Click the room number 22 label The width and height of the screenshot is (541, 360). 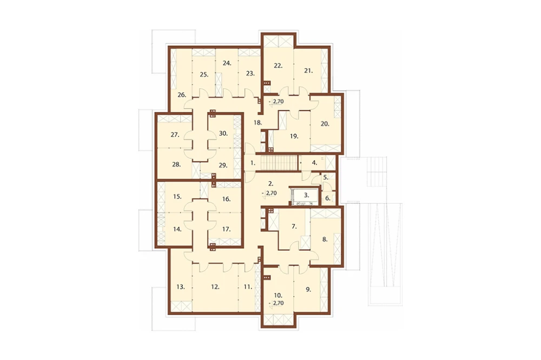[x=278, y=65]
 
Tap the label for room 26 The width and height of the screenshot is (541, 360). [x=182, y=95]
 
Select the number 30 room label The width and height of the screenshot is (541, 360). [x=223, y=133]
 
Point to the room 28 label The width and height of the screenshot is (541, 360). [x=176, y=164]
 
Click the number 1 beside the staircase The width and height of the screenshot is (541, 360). [x=253, y=163]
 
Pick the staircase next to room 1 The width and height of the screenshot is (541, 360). [x=279, y=163]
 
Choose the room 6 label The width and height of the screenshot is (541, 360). [x=328, y=198]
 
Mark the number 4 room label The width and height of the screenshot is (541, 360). [x=314, y=162]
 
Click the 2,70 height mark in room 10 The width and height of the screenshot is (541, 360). [x=276, y=303]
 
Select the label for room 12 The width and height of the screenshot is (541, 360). [x=215, y=286]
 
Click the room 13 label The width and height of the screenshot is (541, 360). [x=181, y=286]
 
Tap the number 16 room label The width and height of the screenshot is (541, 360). [x=226, y=199]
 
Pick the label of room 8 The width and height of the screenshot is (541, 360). [x=325, y=239]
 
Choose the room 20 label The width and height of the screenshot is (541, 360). [x=325, y=124]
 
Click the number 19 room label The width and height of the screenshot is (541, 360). [x=294, y=136]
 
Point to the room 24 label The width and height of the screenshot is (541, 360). [x=227, y=63]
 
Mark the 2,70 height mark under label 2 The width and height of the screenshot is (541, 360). [x=270, y=193]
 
